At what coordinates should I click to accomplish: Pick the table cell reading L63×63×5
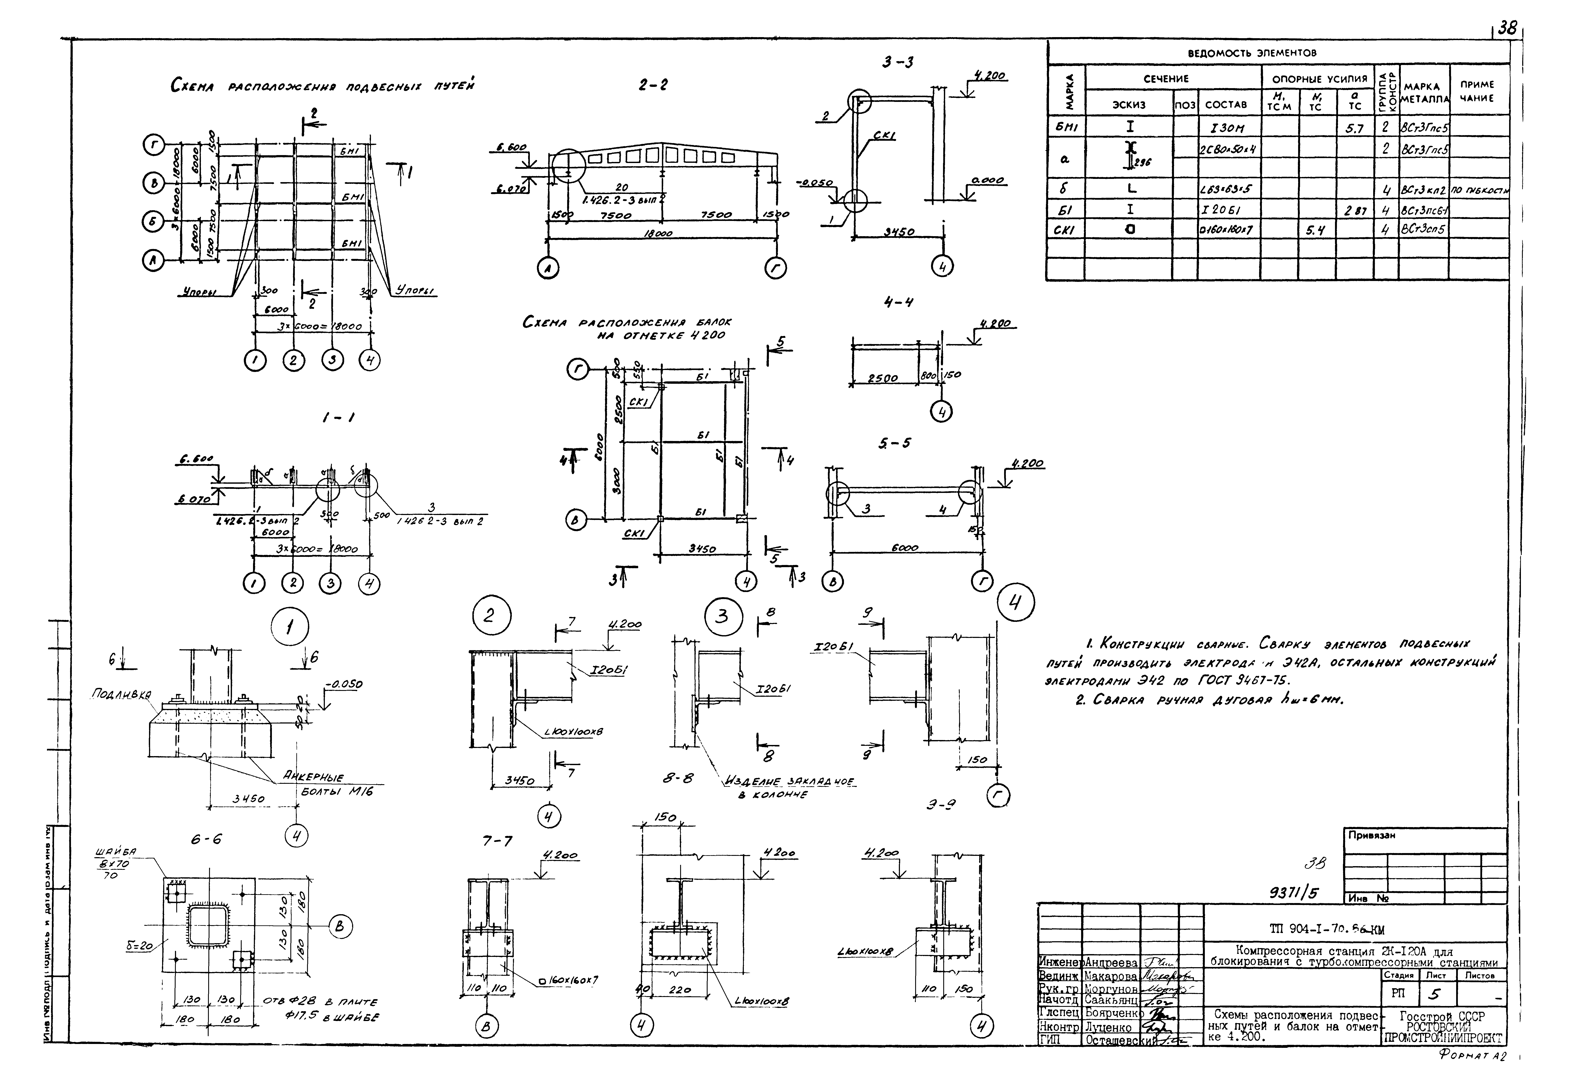(x=1229, y=190)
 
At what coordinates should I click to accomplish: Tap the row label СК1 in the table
(x=1065, y=230)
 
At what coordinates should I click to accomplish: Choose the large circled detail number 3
(x=723, y=617)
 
